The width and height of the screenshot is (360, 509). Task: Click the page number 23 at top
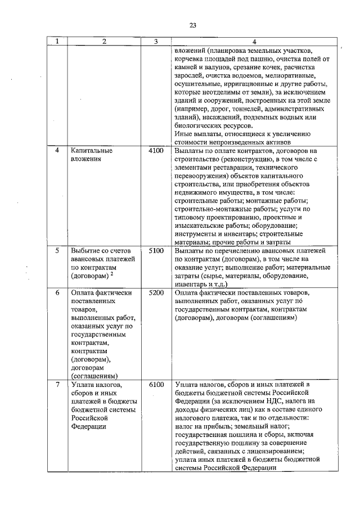click(192, 25)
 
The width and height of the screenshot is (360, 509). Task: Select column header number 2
click(104, 41)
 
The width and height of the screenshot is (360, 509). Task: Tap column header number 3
click(156, 41)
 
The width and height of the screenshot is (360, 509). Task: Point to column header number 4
click(254, 41)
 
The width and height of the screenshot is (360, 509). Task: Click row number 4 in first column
click(57, 151)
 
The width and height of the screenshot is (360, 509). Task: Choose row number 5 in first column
click(57, 250)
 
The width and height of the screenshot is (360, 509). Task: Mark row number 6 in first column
click(57, 293)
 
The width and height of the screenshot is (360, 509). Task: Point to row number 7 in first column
click(57, 385)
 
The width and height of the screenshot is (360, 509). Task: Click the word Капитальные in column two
click(92, 151)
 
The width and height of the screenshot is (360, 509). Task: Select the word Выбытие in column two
click(85, 250)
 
